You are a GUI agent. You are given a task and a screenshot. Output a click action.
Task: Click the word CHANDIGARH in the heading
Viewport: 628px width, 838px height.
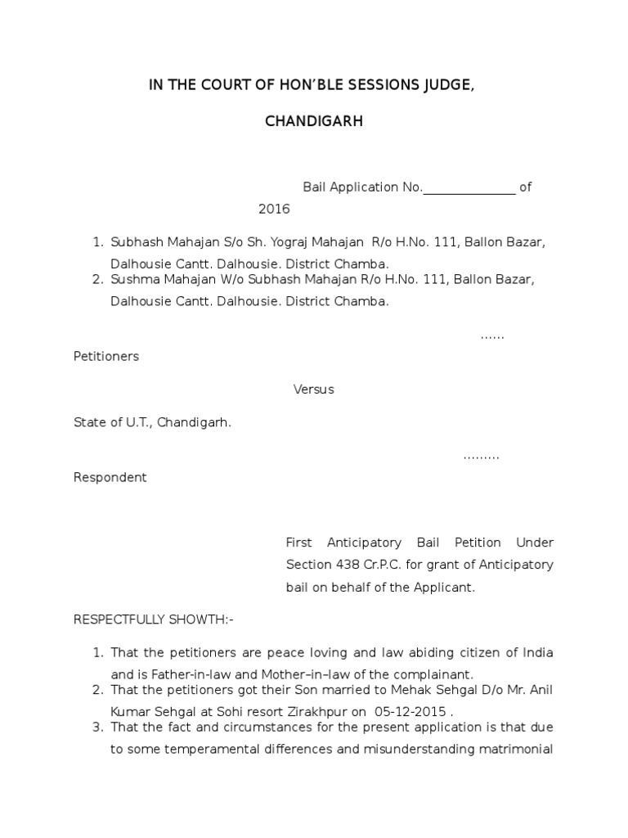[314, 122]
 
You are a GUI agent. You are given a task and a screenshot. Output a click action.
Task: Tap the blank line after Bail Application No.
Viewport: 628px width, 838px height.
[469, 187]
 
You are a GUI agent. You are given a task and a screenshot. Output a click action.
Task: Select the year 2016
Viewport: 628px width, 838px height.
[274, 209]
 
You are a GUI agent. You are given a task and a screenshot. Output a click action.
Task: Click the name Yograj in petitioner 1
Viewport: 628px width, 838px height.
[274, 243]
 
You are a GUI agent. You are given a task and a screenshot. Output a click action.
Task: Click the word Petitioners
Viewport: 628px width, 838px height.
[106, 357]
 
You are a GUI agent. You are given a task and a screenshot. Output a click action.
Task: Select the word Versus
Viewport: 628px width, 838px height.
[314, 390]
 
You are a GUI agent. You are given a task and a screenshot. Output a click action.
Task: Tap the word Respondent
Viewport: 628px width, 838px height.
[110, 478]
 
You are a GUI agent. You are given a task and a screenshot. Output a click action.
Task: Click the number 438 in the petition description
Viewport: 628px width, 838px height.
[346, 565]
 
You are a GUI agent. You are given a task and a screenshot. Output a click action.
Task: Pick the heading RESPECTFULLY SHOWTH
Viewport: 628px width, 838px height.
[154, 619]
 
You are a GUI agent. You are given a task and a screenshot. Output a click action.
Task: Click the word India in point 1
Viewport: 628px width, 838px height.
[536, 653]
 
